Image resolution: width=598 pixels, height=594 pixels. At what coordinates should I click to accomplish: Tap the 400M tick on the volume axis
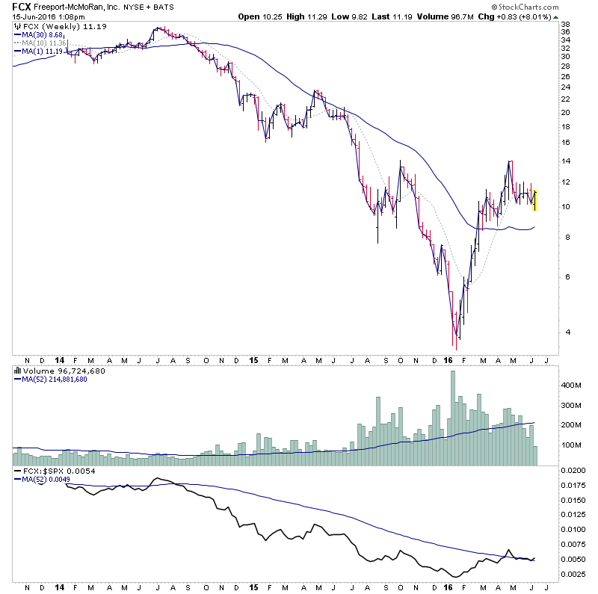(x=571, y=386)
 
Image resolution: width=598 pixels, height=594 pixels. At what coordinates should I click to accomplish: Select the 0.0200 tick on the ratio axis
(x=576, y=471)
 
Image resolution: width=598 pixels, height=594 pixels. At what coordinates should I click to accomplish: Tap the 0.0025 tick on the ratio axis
(x=576, y=573)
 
